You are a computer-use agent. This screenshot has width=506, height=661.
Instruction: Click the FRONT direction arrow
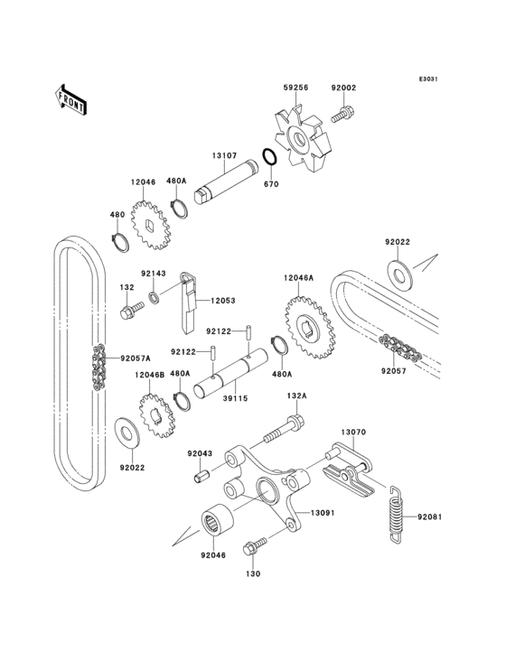[x=71, y=98]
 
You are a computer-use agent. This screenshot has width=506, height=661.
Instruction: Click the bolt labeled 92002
[x=343, y=115]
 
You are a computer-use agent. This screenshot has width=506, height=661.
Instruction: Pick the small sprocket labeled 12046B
[x=161, y=415]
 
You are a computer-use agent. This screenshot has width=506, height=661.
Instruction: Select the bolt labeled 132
[x=127, y=312]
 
